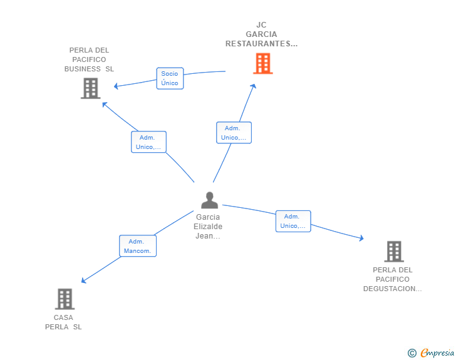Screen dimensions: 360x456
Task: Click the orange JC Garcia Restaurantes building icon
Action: point(262,63)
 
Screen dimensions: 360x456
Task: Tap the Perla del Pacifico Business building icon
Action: point(91,88)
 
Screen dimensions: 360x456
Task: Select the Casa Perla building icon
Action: point(65,299)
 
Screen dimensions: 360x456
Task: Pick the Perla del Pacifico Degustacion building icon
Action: point(393,251)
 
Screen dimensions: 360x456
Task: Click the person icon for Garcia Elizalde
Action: point(209,200)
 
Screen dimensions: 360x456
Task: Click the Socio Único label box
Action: point(170,78)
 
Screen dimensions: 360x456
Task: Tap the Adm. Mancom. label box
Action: point(138,246)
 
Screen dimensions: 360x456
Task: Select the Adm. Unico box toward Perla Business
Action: point(148,142)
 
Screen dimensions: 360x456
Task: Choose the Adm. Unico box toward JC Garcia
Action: point(234,133)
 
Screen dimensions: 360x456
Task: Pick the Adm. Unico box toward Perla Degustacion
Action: point(293,221)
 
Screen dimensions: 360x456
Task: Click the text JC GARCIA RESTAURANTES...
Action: point(261,34)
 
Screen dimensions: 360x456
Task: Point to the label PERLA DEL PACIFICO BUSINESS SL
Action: point(89,59)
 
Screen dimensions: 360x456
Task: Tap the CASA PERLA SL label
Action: point(63,322)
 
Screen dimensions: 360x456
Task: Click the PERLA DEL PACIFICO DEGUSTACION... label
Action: point(393,279)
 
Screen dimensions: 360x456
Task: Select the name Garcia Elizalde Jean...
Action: point(208,227)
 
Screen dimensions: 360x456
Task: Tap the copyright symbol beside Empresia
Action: point(412,354)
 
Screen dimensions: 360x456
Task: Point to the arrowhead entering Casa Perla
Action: point(84,281)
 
